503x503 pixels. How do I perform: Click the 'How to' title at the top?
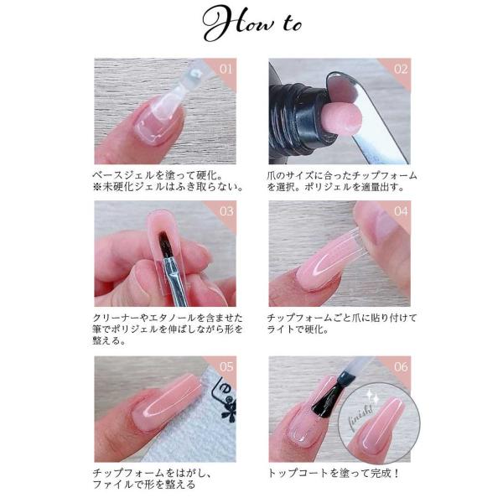click(x=252, y=23)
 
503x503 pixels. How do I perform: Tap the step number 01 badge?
click(x=226, y=70)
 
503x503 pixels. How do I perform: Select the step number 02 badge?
click(x=401, y=70)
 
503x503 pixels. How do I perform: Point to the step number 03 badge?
click(x=226, y=211)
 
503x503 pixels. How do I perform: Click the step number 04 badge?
click(x=401, y=211)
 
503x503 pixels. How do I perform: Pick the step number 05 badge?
click(x=226, y=366)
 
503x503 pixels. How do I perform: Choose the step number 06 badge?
click(x=401, y=366)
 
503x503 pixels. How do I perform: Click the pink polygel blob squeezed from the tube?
click(x=342, y=118)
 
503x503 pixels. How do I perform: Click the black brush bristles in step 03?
click(x=165, y=245)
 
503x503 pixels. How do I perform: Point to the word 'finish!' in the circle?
click(x=360, y=417)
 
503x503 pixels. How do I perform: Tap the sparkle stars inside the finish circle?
click(x=373, y=397)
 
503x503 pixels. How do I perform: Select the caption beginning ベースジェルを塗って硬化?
click(x=169, y=181)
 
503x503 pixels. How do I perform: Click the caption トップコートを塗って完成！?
click(x=334, y=473)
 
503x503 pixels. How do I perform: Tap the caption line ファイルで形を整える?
click(x=143, y=484)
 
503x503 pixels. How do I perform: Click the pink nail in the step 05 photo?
click(x=168, y=402)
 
